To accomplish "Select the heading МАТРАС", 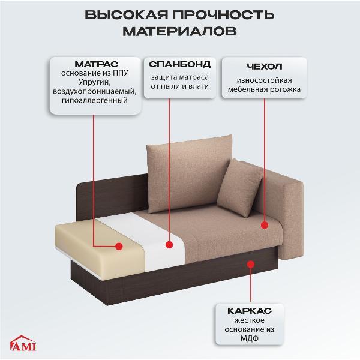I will point(96,64).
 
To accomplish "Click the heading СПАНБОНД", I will point(179,64).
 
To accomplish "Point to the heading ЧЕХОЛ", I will point(264,67).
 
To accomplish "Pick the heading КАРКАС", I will point(249,311).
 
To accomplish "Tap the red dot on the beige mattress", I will point(119,246).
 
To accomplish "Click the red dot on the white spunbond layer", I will point(169,244).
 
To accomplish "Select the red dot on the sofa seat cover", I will point(265,224).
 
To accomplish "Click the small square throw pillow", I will point(240,186).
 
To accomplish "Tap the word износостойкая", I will point(264,80).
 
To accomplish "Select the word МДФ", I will point(249,340).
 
